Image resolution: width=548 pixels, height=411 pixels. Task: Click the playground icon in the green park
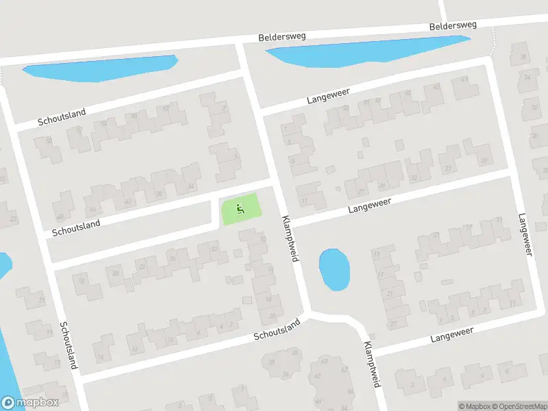click(x=239, y=208)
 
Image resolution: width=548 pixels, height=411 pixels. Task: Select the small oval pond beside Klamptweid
click(x=334, y=269)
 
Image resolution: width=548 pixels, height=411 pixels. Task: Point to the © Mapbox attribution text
click(x=474, y=406)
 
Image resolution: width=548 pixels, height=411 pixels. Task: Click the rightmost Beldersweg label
click(x=452, y=26)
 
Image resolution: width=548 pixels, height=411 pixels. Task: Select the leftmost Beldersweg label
click(x=282, y=36)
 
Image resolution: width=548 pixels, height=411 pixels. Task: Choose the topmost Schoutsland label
click(x=62, y=116)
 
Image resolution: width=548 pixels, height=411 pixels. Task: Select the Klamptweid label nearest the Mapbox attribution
click(x=372, y=364)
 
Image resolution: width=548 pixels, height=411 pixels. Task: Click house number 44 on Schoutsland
click(x=92, y=209)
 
